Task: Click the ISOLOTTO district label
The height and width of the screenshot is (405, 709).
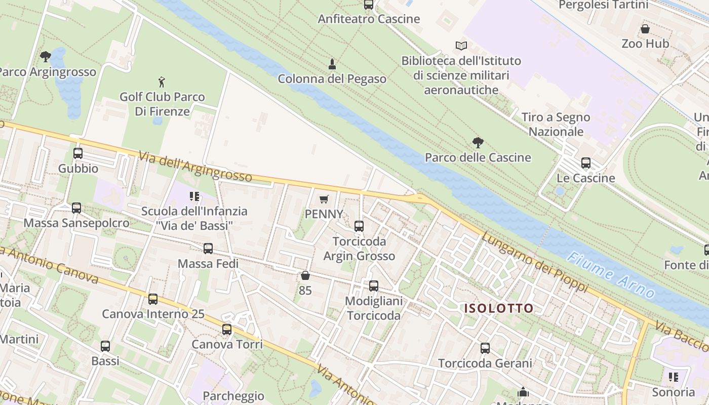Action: pyautogui.click(x=499, y=308)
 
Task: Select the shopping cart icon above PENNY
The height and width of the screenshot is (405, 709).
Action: pyautogui.click(x=324, y=199)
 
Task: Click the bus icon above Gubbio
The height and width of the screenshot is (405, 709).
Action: pyautogui.click(x=78, y=153)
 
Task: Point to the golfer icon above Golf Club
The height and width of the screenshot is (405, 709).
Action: pyautogui.click(x=162, y=82)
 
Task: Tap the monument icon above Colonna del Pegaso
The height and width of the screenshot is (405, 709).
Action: pyautogui.click(x=332, y=64)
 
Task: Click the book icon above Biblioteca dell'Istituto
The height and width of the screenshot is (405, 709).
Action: pyautogui.click(x=461, y=46)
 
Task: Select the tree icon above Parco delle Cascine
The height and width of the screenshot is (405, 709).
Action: pyautogui.click(x=478, y=143)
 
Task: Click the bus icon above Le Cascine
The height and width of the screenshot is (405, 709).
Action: pyautogui.click(x=586, y=163)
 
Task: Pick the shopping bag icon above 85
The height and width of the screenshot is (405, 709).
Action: pyautogui.click(x=305, y=275)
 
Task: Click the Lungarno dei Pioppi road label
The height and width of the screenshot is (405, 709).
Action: pyautogui.click(x=534, y=262)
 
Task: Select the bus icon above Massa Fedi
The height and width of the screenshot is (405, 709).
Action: pyautogui.click(x=208, y=249)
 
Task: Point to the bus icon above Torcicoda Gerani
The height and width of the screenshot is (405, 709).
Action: pyautogui.click(x=485, y=348)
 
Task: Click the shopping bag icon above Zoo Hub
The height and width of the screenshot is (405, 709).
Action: pyautogui.click(x=645, y=29)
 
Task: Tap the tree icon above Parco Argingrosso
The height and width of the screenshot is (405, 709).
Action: pyautogui.click(x=46, y=56)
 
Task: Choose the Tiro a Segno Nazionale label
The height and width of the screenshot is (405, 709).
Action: pyautogui.click(x=556, y=125)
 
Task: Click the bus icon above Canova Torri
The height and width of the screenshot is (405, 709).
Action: pyautogui.click(x=227, y=330)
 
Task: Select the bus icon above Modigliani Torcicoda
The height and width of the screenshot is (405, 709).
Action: pyautogui.click(x=374, y=286)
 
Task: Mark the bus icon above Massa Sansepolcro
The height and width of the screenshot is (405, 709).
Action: pyautogui.click(x=76, y=208)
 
